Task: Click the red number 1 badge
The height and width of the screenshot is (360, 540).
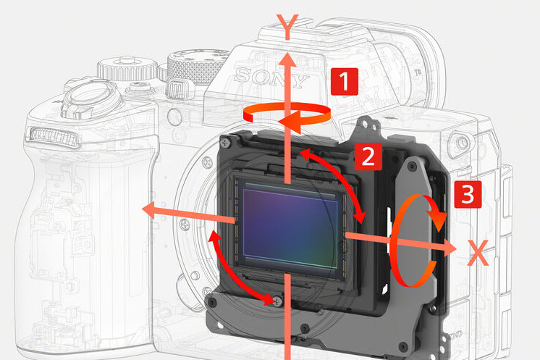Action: [345, 81]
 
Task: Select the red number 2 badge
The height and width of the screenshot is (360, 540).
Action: [368, 156]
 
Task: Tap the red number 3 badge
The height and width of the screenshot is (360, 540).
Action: [468, 195]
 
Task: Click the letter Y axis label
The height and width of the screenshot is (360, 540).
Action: [287, 27]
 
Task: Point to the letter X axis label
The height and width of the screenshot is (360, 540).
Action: [478, 253]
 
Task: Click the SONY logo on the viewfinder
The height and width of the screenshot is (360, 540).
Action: [271, 78]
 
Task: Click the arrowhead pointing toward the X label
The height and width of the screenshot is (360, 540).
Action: [450, 247]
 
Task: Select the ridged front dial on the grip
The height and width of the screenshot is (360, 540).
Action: [52, 136]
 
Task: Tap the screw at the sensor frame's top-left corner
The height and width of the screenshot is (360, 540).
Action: [227, 141]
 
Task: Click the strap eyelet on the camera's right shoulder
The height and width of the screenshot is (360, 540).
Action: [462, 142]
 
